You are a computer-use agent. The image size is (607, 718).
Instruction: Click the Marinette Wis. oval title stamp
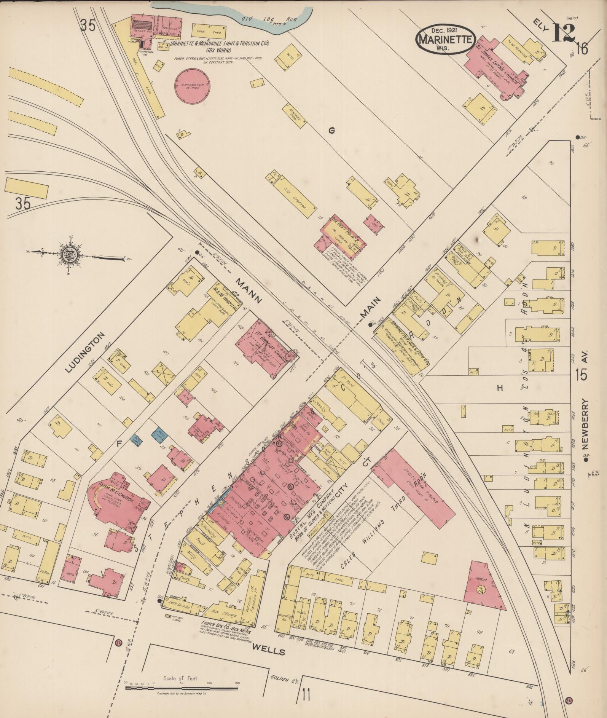click(x=446, y=39)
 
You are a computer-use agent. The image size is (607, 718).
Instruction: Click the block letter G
click(x=331, y=131)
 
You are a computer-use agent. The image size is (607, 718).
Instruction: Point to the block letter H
click(x=500, y=388)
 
